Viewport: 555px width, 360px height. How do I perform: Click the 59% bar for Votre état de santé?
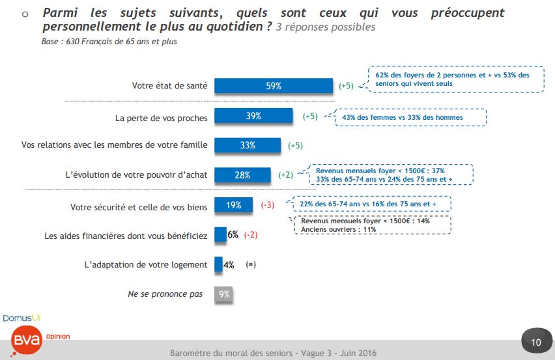[x=274, y=86]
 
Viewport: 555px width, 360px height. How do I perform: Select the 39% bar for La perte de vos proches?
[x=253, y=116]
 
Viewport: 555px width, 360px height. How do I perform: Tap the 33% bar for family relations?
[x=248, y=145]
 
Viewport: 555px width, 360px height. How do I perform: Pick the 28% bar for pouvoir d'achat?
[x=242, y=174]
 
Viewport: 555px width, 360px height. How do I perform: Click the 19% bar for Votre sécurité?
[x=234, y=205]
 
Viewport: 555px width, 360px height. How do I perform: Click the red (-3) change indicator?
[x=267, y=205]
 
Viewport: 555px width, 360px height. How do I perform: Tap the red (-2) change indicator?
[x=251, y=235]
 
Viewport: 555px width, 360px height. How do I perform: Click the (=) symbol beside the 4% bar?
[x=251, y=265]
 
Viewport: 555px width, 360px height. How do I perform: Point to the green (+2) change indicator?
[x=285, y=174]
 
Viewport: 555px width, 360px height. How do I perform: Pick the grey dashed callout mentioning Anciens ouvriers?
[x=371, y=225]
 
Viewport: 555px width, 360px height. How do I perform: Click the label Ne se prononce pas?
[x=165, y=294]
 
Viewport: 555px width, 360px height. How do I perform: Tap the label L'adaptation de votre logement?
[x=146, y=265]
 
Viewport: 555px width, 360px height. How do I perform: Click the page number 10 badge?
[x=535, y=342]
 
